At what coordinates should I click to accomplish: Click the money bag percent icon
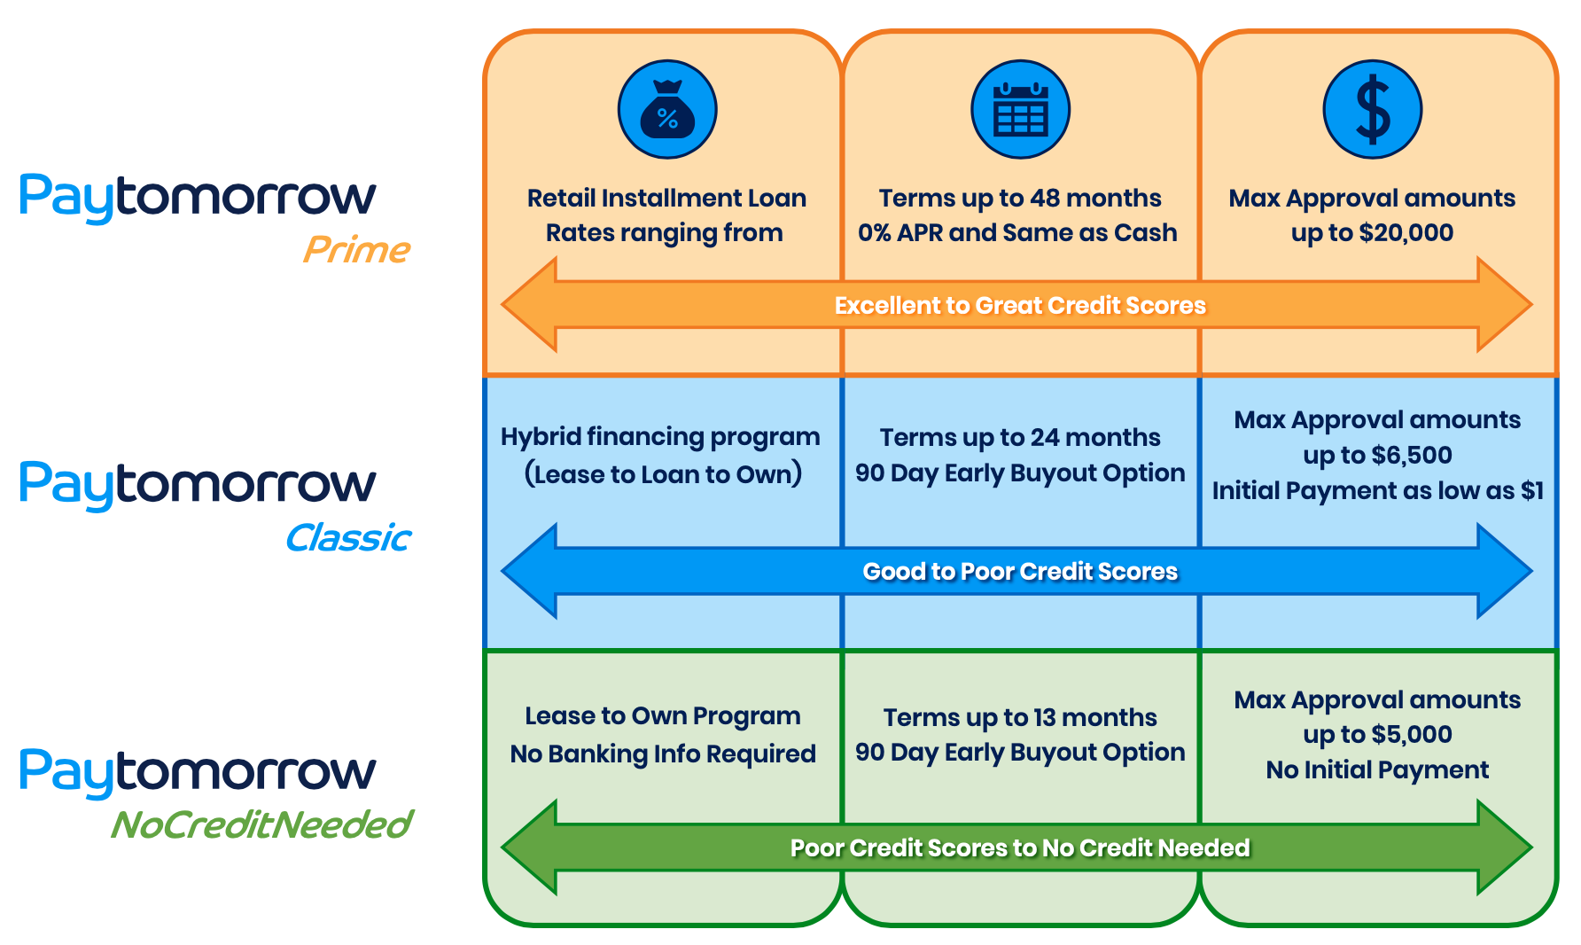click(666, 110)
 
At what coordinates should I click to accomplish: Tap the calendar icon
click(1020, 110)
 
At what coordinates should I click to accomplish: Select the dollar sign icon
click(1372, 110)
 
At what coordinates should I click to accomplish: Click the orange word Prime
click(356, 250)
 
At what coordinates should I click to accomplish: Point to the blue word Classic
click(348, 538)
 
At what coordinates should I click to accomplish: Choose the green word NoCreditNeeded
click(261, 825)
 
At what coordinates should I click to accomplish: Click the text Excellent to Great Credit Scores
click(1020, 306)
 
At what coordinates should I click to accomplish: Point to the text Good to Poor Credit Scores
click(1020, 572)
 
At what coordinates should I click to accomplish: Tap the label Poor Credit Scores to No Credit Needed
click(1020, 848)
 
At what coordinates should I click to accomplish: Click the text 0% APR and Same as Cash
click(1017, 233)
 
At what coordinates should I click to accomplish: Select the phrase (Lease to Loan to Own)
click(663, 474)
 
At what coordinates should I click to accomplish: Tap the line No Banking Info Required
click(663, 754)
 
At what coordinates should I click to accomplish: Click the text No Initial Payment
click(1377, 770)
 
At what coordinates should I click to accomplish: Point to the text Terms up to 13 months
click(1020, 717)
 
